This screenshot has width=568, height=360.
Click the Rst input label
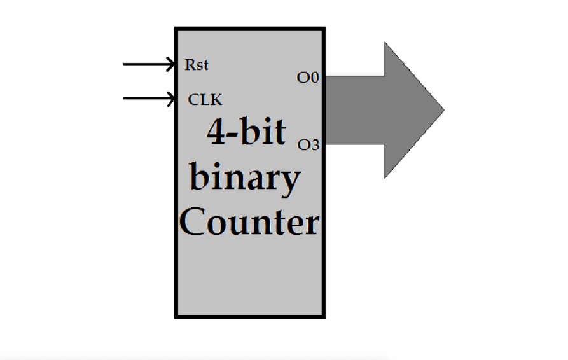click(x=196, y=65)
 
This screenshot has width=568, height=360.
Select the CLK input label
click(x=205, y=100)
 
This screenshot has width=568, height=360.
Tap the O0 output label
click(x=307, y=78)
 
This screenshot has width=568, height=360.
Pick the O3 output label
click(x=308, y=145)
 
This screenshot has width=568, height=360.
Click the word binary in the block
click(x=245, y=179)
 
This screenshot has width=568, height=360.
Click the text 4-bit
click(x=246, y=132)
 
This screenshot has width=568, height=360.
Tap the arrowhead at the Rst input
click(x=171, y=64)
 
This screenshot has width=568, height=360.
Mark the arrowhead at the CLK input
click(x=171, y=99)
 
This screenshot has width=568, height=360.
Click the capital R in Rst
click(x=190, y=65)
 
